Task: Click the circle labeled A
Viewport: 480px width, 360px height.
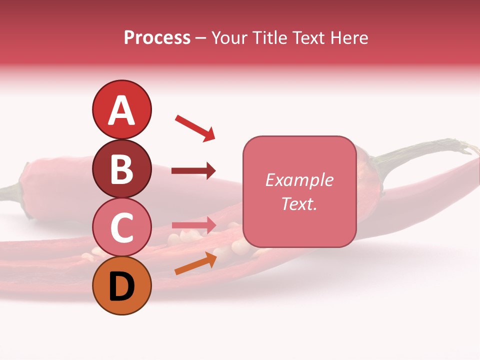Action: [121, 109]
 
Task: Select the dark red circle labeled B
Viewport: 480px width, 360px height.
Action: [121, 169]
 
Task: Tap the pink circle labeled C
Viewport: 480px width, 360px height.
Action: [121, 227]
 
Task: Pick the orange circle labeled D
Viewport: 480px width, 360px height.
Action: [121, 285]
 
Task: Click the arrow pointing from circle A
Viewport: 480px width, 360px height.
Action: [195, 128]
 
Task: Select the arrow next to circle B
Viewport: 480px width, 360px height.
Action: [193, 171]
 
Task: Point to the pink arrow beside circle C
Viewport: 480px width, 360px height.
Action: [193, 225]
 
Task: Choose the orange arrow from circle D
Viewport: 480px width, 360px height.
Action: [195, 263]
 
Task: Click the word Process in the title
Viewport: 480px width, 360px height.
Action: [157, 37]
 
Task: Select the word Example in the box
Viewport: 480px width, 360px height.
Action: [299, 180]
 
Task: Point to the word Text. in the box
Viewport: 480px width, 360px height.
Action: [299, 203]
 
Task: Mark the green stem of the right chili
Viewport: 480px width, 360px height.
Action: [425, 150]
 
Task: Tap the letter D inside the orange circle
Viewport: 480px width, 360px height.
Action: [121, 286]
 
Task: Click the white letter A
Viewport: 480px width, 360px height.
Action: [121, 110]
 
